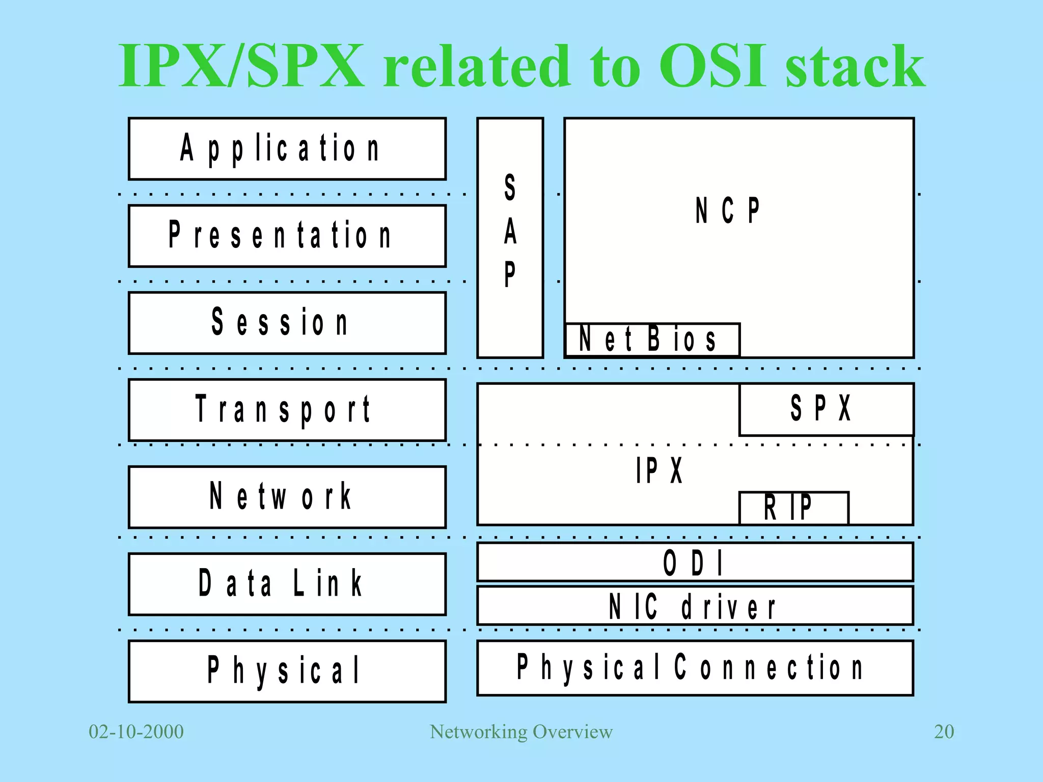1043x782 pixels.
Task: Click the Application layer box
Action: click(287, 149)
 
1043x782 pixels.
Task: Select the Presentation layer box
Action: click(287, 236)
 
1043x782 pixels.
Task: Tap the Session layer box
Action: click(287, 323)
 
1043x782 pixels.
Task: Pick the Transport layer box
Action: click(287, 410)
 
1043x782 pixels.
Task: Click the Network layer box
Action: click(287, 497)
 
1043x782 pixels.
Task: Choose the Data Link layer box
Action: click(287, 584)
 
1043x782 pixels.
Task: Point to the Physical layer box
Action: click(287, 671)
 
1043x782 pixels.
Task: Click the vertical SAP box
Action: click(510, 238)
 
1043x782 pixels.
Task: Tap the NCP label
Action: click(727, 210)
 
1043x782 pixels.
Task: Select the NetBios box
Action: click(652, 340)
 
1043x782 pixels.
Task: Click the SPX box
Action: click(826, 409)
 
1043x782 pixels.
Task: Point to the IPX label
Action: click(659, 470)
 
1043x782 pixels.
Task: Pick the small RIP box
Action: click(793, 508)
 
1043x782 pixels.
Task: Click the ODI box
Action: click(695, 562)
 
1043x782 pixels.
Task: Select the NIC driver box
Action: click(695, 606)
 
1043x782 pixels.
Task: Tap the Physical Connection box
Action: click(695, 668)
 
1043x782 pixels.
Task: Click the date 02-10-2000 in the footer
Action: click(136, 732)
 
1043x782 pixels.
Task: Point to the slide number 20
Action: click(944, 732)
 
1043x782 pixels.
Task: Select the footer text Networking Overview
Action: click(521, 732)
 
